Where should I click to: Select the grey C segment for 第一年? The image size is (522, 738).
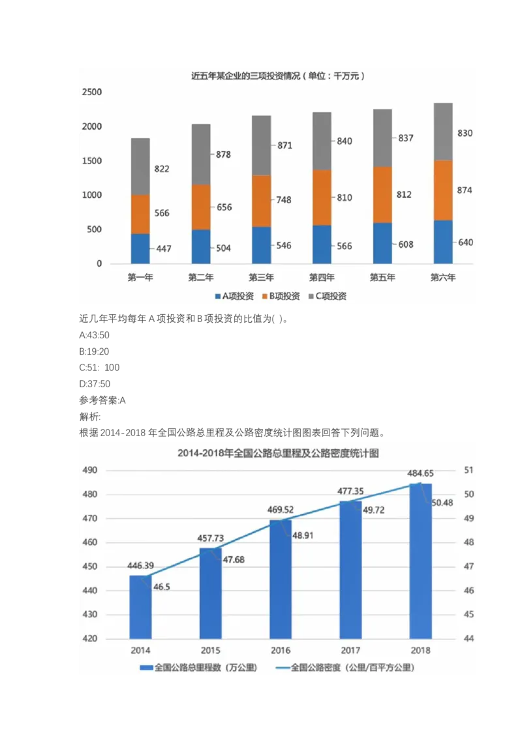[x=140, y=166]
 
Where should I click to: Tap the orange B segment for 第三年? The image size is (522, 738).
[x=262, y=201]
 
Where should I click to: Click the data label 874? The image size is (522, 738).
[x=465, y=190]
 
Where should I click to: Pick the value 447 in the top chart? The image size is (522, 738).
[x=164, y=249]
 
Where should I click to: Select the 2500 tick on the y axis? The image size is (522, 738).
[x=91, y=93]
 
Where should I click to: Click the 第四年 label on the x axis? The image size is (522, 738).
[x=322, y=277]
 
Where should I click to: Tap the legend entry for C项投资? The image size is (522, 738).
[x=331, y=296]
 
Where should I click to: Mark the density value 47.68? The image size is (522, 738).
[x=234, y=559]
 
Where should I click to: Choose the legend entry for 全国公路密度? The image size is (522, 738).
[x=345, y=668]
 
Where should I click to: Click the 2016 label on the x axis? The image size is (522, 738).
[x=281, y=650]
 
